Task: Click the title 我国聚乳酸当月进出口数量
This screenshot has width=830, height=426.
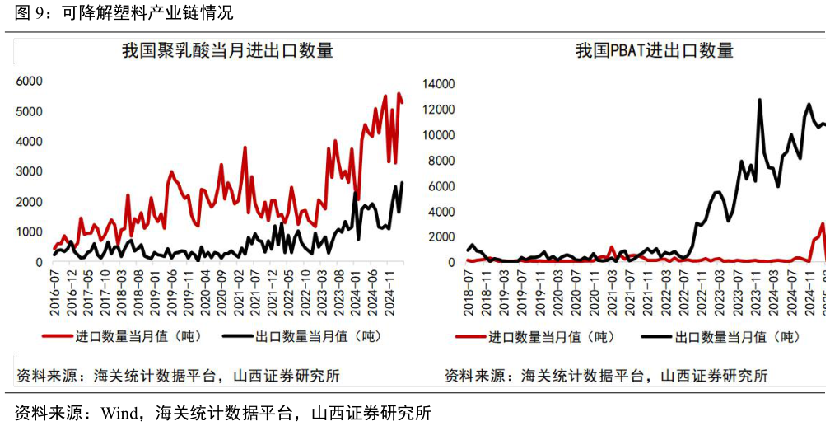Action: [x=227, y=51]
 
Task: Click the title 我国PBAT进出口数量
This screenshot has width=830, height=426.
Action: [x=654, y=51]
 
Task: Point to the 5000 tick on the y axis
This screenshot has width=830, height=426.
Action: [x=29, y=111]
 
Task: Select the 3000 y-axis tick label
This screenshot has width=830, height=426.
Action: [x=29, y=171]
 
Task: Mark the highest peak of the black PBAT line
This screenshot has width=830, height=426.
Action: [x=759, y=101]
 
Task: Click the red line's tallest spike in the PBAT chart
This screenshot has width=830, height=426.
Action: [x=822, y=224]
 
